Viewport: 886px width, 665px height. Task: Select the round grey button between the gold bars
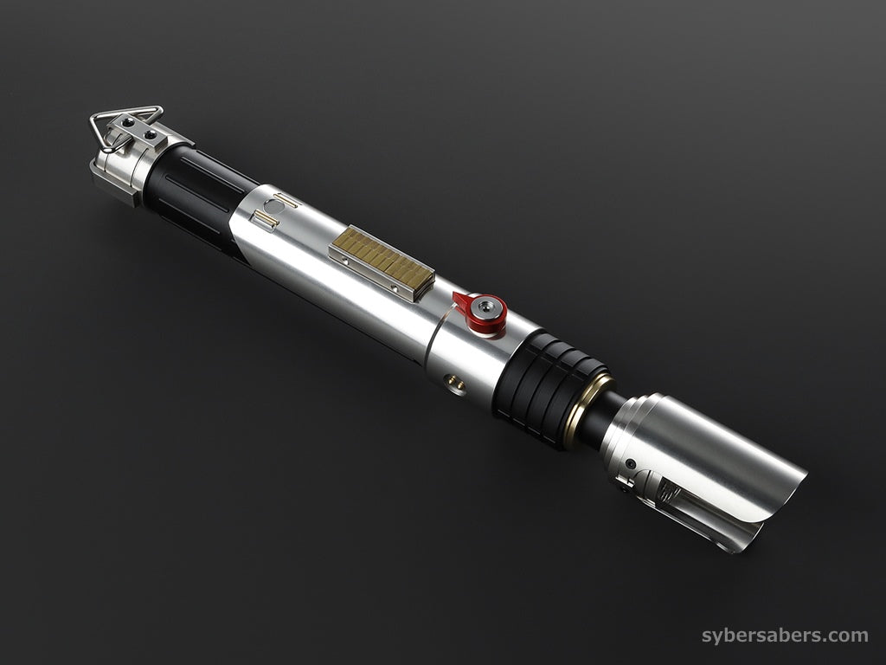[273, 206]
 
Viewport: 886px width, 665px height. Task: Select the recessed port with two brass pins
[455, 384]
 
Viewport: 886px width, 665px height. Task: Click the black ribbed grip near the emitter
[545, 384]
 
